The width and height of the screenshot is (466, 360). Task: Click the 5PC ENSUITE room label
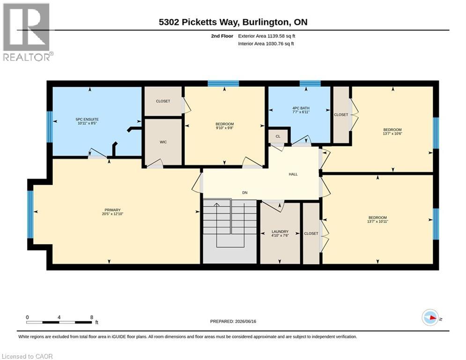click(87, 120)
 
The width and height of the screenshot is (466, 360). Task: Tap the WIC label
click(163, 142)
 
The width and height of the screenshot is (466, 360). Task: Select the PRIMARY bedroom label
click(112, 210)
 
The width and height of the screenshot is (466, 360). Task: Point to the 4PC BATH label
click(301, 108)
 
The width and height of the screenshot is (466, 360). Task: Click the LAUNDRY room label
click(280, 232)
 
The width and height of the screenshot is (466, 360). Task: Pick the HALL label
click(293, 174)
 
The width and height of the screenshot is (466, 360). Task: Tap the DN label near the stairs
click(245, 193)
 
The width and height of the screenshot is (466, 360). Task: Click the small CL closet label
click(278, 136)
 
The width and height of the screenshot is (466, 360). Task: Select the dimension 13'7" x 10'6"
click(392, 134)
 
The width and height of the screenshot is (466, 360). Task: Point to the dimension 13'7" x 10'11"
click(378, 221)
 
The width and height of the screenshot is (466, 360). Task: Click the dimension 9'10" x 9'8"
click(225, 128)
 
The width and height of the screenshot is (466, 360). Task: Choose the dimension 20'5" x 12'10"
click(112, 214)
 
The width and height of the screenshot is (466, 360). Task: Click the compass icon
click(430, 318)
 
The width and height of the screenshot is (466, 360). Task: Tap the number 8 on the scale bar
click(91, 317)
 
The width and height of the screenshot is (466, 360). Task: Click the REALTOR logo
click(27, 32)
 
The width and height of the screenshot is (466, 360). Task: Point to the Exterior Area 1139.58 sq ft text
click(266, 36)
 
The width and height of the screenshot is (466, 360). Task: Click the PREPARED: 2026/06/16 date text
click(233, 321)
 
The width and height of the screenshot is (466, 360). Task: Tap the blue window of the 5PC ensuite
click(50, 127)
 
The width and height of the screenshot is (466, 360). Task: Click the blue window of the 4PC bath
click(310, 83)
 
